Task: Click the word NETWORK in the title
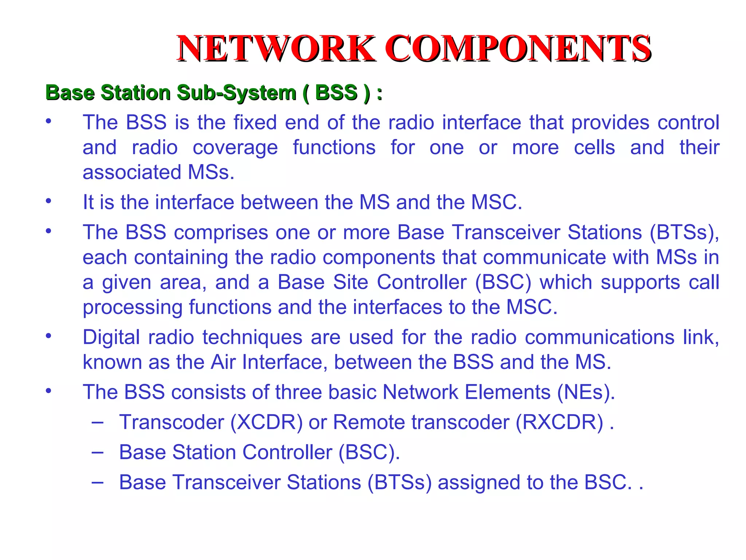pos(276,48)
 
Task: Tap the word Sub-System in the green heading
pos(236,93)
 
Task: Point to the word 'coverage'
pos(235,148)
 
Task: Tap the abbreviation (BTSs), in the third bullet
pos(684,232)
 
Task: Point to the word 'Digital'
pos(111,337)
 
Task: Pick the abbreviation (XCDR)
pos(266,422)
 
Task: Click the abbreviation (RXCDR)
pos(559,422)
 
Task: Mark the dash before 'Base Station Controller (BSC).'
pos(97,452)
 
